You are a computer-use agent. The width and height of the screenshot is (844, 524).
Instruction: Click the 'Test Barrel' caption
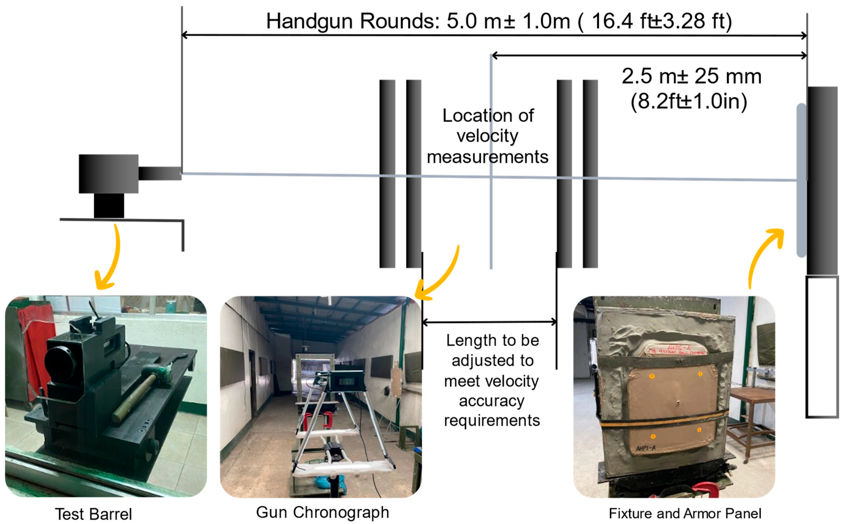[93, 514]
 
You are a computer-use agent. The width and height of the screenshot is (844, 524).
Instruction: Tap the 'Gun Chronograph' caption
[322, 512]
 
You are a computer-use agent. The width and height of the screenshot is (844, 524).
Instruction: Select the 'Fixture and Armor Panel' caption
[685, 513]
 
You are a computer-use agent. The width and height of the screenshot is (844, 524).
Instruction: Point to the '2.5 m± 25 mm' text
[691, 76]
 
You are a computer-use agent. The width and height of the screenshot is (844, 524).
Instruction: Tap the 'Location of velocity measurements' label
[488, 136]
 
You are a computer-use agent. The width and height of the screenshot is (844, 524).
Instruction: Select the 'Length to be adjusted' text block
[492, 380]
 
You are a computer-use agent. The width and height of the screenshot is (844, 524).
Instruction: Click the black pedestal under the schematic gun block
[109, 205]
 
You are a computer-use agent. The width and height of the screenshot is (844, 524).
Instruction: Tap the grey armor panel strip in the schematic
[801, 180]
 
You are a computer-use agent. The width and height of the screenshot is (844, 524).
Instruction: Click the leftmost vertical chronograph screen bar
[387, 173]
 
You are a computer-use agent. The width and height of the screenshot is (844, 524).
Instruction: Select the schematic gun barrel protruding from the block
[160, 173]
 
